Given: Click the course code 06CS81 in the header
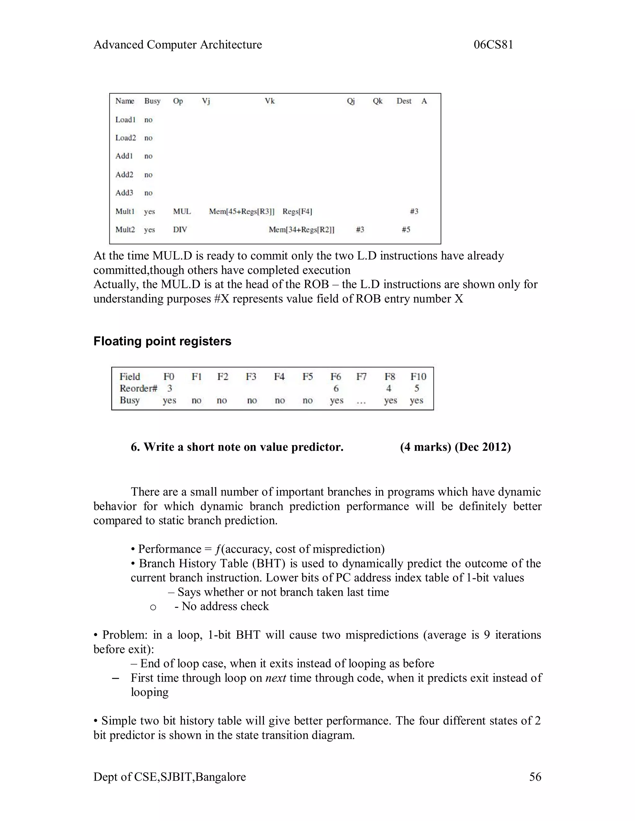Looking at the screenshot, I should pos(493,45).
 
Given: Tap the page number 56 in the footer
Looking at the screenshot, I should pos(535,777).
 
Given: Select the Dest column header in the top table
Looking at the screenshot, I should pos(404,101).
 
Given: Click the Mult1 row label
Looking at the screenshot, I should pos(125,211).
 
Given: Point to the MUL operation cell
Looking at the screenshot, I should pos(182,211).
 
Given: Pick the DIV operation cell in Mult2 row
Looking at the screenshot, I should pos(180,230).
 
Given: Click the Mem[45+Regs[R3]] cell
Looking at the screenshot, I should pos(242,211).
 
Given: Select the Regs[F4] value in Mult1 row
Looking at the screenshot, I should pos(297,211).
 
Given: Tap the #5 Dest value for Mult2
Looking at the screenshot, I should pos(406,229).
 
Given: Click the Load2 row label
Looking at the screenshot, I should pos(125,138).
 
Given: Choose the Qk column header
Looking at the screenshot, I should pos(377,101).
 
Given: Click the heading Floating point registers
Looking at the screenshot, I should pos(162,341).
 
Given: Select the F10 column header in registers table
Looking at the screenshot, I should pos(418,377).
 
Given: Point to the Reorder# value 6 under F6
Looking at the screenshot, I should pos(336,388).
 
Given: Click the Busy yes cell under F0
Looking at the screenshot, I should pos(169,400).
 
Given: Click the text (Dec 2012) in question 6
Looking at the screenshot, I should pos(483,447).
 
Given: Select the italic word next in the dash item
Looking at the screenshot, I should pos(275,678).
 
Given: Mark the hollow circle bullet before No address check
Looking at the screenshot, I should pos(153,608).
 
